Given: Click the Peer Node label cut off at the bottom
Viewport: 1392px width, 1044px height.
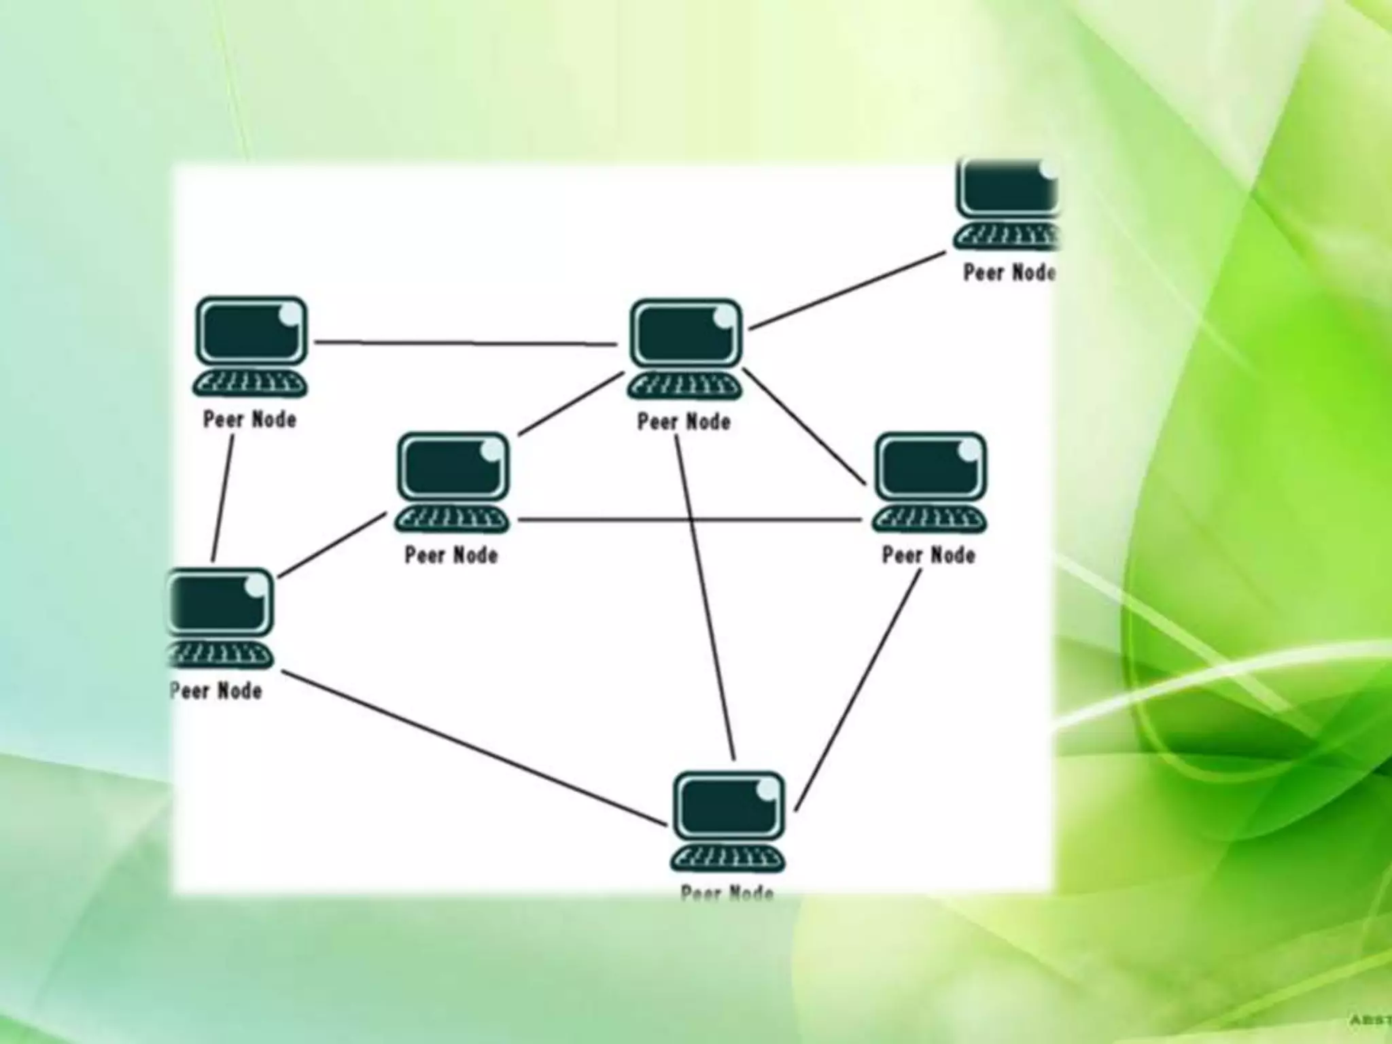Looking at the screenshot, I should (x=727, y=891).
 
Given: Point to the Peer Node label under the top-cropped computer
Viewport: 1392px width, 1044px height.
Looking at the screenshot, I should (x=1009, y=273).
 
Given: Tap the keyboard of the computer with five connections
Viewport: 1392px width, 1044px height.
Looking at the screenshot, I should (x=684, y=387).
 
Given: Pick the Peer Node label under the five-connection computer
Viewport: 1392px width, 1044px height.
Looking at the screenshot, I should (x=684, y=422).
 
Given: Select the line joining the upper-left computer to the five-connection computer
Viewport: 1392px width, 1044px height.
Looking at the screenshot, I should (x=466, y=343).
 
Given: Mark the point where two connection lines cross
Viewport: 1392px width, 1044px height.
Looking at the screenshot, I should (x=691, y=521).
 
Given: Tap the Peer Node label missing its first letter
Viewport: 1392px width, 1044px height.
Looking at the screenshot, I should (x=216, y=691).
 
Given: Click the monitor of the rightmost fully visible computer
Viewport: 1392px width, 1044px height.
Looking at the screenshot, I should (x=930, y=468).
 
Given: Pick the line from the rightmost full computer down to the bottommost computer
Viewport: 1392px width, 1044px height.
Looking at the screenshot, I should (x=858, y=690).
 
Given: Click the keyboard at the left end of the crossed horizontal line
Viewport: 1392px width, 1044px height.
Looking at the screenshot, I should (x=452, y=520).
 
